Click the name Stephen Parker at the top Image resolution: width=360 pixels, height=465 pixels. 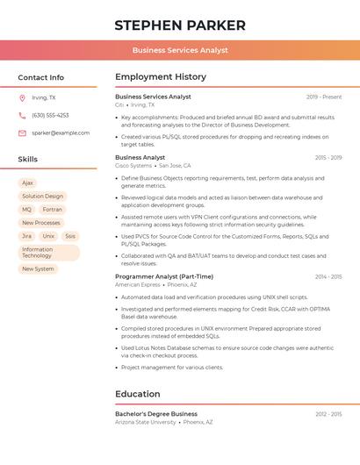click(x=180, y=25)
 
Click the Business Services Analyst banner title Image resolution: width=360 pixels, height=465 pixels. click(x=180, y=50)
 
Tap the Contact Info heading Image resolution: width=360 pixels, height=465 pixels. click(x=41, y=77)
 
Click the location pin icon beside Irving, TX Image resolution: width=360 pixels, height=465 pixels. click(x=23, y=97)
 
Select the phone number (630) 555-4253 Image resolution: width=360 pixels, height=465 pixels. click(x=50, y=115)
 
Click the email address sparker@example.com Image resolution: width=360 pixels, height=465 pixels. click(x=61, y=132)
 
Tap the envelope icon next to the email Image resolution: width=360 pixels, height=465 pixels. click(x=23, y=132)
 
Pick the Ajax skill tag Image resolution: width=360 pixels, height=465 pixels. click(x=27, y=183)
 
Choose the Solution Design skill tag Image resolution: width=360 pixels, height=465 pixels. click(x=43, y=197)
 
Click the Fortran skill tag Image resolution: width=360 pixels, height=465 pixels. click(x=53, y=210)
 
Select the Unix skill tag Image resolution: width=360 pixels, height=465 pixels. click(x=48, y=236)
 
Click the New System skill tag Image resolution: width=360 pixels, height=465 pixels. click(x=38, y=269)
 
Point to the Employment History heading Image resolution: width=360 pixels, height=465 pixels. click(x=160, y=77)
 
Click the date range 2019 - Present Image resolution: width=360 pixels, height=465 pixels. click(x=324, y=97)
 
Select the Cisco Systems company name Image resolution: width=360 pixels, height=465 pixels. click(x=133, y=165)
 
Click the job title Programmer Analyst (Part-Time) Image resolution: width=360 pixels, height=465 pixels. click(x=164, y=276)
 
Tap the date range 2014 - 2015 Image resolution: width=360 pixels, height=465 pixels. click(x=328, y=276)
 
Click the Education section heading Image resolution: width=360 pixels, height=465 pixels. click(x=137, y=394)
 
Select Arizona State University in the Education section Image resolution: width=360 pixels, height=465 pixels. click(x=145, y=422)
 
